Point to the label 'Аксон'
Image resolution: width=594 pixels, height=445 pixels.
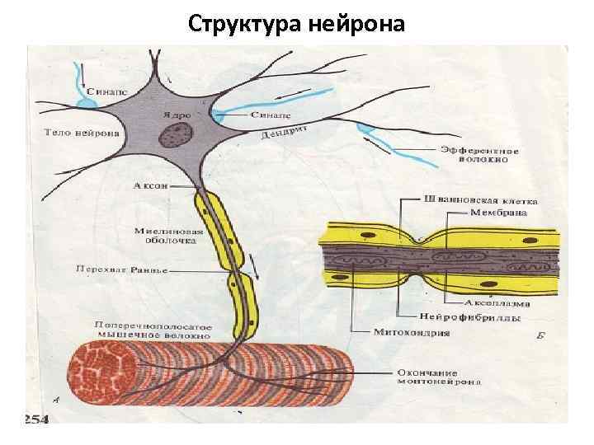pyautogui.click(x=151, y=185)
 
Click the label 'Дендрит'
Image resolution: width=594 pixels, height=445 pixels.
pyautogui.click(x=285, y=129)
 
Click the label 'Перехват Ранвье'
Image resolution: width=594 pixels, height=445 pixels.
pyautogui.click(x=121, y=269)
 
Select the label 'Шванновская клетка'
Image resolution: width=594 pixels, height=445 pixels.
pyautogui.click(x=479, y=199)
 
